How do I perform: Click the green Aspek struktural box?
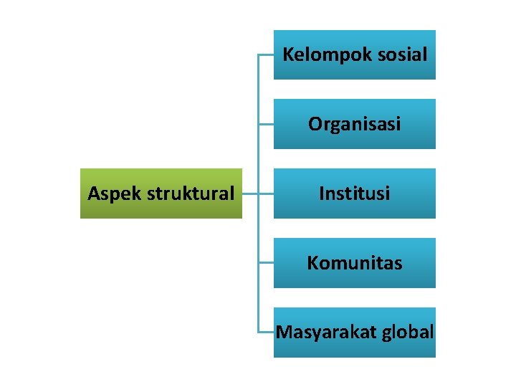click(161, 193)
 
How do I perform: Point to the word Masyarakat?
click(317, 333)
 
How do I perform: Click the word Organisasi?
click(355, 124)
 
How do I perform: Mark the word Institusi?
click(355, 193)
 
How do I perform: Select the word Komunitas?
click(355, 263)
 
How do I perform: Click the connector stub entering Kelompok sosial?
click(266, 54)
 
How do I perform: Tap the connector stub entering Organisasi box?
click(266, 124)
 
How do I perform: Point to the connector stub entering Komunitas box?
click(266, 263)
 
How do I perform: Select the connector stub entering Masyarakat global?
click(266, 333)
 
